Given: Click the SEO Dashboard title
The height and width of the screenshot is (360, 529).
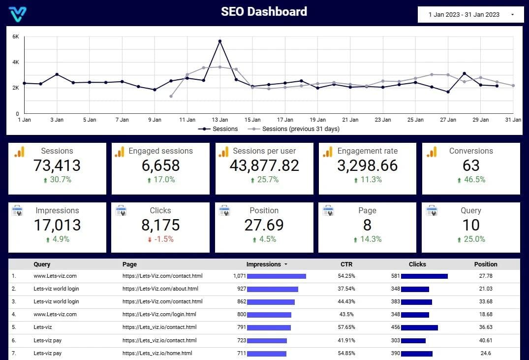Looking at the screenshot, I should coord(264,12).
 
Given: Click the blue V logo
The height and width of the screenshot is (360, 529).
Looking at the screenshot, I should coord(18,13).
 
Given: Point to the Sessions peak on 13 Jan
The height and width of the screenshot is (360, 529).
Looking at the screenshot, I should coord(220,41).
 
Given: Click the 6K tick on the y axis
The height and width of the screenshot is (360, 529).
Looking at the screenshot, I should coord(16,37).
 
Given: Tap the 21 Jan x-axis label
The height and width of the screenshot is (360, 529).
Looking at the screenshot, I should coord(350,120).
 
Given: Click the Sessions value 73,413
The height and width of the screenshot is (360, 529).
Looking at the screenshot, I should coord(57,166).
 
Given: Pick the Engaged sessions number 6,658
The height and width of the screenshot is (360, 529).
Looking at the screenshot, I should coord(160,166).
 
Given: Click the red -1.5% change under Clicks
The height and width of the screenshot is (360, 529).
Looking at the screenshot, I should coord(160,239).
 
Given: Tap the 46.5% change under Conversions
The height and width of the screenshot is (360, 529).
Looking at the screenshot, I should coord(471,180).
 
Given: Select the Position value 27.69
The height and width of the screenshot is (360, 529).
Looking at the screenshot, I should coord(264,226).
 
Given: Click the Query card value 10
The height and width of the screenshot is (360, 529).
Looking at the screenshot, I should coord(471,226).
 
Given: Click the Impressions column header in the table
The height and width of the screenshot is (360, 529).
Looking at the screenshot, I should coord(264,264).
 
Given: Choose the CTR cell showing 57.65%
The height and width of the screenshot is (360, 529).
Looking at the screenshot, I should coord(346,327).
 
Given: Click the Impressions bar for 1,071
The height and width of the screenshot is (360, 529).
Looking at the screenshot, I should coord(276,276).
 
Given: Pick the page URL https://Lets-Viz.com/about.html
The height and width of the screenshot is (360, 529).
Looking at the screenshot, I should coord(160,289).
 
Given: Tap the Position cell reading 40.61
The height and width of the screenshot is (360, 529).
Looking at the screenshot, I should coord(486,340).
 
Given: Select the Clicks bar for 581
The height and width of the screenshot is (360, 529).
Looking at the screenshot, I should coord(424,276).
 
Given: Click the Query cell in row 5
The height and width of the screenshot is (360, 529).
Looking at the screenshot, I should coord(43,327).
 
